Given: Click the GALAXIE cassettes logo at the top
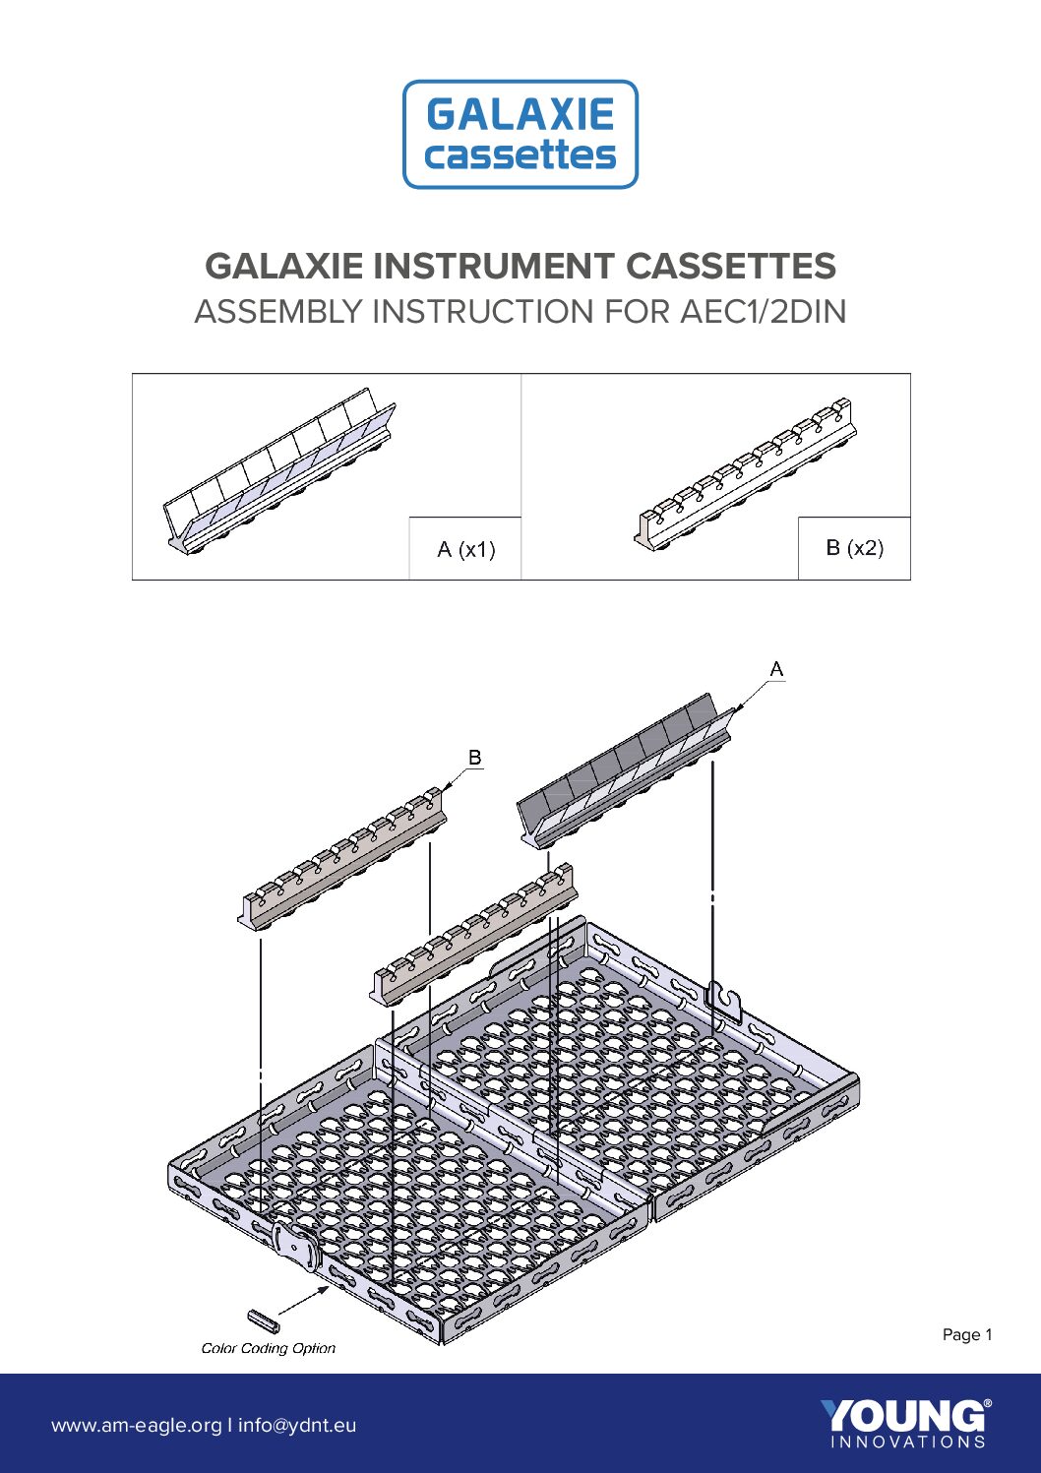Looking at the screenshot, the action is [x=520, y=134].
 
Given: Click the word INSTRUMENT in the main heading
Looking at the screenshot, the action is [x=493, y=266].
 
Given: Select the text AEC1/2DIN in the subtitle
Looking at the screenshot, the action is [x=763, y=311].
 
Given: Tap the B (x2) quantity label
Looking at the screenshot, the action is [x=854, y=547].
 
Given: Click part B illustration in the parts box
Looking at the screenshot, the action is [x=746, y=474].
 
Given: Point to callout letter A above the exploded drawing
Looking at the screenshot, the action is [x=776, y=669].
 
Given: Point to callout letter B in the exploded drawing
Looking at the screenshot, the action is [x=475, y=758].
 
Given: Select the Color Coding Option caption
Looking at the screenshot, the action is [x=269, y=1348].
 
